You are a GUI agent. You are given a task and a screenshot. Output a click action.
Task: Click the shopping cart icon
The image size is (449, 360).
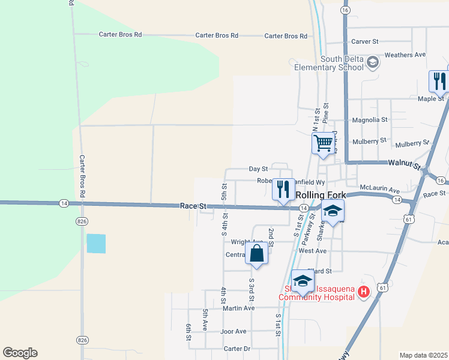tap(323, 143)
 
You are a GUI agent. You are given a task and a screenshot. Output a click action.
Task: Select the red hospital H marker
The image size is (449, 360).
tap(363, 292)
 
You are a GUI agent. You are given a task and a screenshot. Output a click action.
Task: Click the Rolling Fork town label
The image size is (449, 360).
tap(322, 195)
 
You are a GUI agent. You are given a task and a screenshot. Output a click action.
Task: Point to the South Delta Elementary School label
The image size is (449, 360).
tap(329, 63)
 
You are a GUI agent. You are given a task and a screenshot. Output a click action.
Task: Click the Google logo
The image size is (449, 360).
tap(20, 353)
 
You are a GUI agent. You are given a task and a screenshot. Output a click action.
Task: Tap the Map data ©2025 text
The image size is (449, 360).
tap(423, 355)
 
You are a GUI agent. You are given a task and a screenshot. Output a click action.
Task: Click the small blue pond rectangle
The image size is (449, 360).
tap(96, 243)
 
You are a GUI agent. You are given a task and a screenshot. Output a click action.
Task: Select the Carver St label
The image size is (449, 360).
tap(365, 41)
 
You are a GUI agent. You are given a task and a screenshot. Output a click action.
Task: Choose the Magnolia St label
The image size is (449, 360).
tap(369, 120)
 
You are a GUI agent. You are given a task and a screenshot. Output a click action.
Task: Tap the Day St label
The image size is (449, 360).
tap(258, 169)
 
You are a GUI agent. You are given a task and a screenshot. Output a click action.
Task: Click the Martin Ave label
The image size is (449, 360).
tap(238, 308)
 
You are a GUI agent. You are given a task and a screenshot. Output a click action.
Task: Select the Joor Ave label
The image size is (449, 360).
tap(234, 331)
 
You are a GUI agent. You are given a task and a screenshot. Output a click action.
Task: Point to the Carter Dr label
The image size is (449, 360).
tap(237, 349)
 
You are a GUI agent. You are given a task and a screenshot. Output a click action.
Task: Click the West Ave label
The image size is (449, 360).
tap(312, 251)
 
